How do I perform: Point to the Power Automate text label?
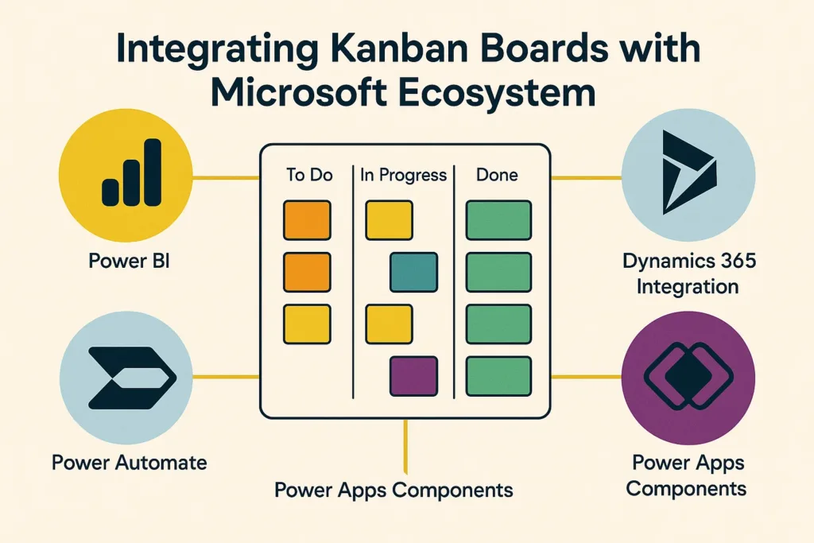point(129,462)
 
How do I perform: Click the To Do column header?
point(308,174)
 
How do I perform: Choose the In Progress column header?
point(403,174)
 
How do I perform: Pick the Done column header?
point(498,174)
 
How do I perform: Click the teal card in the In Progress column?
point(413,272)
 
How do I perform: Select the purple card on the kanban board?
point(413,376)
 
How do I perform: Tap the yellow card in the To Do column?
point(307,324)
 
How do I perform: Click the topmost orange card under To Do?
point(307,220)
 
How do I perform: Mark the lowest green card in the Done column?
point(498,376)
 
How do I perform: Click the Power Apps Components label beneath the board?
point(393,489)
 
